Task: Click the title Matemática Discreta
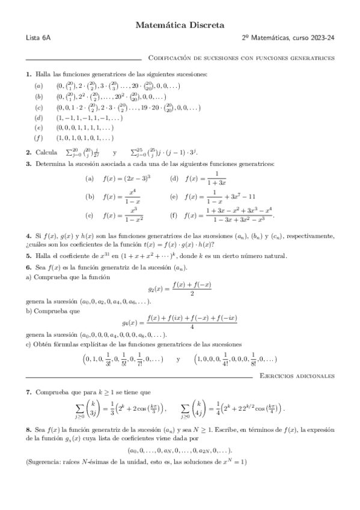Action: (180, 25)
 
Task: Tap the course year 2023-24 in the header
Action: (321, 39)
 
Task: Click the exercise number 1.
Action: (28, 74)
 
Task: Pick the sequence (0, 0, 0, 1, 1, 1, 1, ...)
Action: (86, 128)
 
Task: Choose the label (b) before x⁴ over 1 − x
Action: (90, 197)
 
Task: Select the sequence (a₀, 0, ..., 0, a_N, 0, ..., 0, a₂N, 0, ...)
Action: (180, 451)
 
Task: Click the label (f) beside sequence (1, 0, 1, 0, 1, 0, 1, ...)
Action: (38, 138)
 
